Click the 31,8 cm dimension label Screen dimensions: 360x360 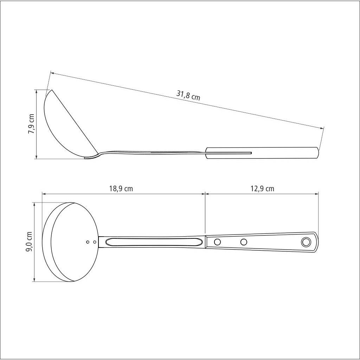point(188,96)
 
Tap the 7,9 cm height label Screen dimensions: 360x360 point(31,124)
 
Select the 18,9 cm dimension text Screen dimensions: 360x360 point(121,189)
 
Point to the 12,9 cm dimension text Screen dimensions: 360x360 point(262,189)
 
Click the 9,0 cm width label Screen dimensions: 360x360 point(29,242)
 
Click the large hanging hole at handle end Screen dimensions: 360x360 point(306,242)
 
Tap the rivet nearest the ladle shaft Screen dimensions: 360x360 point(217,242)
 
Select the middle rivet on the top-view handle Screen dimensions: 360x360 point(244,242)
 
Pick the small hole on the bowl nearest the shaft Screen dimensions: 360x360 point(95,242)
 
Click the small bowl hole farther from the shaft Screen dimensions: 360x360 point(88,242)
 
